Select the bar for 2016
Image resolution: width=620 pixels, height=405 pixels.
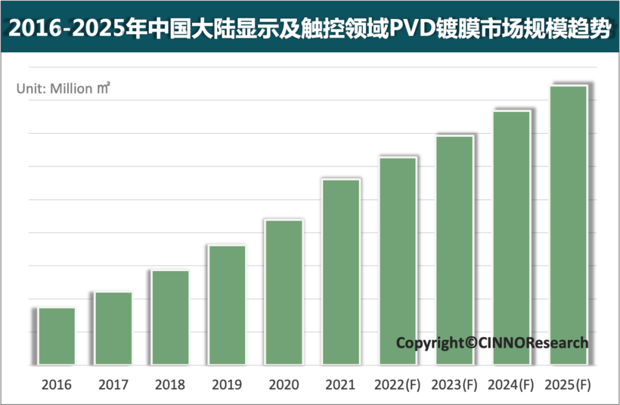point(57,335)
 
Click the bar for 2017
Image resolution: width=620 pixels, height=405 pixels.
point(114,327)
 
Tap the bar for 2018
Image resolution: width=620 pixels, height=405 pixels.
point(170,317)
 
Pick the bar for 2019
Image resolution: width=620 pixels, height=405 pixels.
point(227,304)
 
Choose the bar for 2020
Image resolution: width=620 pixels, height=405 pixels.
point(284,292)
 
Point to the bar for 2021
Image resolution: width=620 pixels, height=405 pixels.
point(341,272)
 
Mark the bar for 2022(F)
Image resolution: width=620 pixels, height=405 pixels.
point(398,261)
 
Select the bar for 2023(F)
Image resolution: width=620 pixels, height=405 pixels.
point(455,250)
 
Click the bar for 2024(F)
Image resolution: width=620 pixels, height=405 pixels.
point(511,237)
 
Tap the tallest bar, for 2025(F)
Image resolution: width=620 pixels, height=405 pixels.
point(568,225)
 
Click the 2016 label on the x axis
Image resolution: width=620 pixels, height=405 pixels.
point(56,384)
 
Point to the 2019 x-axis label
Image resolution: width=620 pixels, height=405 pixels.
point(227,384)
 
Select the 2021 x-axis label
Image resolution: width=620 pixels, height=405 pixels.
point(340,384)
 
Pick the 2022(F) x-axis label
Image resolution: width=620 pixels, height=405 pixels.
point(397,384)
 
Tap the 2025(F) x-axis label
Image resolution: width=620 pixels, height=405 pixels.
point(568,384)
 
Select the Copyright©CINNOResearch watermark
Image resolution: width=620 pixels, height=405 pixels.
point(492,343)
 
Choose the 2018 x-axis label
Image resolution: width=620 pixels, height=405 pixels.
point(170,384)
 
